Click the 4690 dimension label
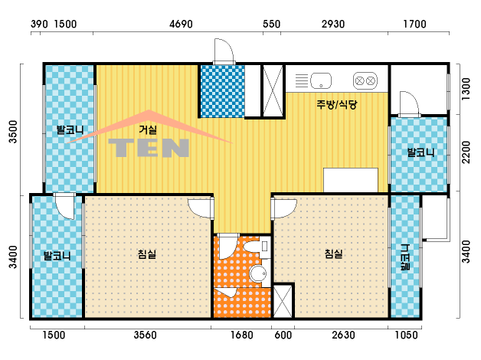[x=181, y=24]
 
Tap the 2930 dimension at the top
[x=333, y=24]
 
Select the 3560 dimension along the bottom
[x=145, y=335]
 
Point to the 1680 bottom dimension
[x=242, y=335]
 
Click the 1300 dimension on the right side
[x=466, y=89]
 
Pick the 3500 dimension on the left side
[x=13, y=132]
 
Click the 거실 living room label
[x=148, y=129]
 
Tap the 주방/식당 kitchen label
[x=337, y=104]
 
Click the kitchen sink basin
[x=321, y=80]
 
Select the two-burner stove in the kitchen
[x=365, y=80]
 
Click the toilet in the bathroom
[x=257, y=247]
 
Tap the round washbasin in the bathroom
[x=257, y=273]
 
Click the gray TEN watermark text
[x=149, y=148]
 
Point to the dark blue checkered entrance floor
[x=222, y=91]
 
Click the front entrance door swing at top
[x=224, y=51]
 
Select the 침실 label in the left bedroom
[x=147, y=254]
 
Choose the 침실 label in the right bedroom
[x=333, y=254]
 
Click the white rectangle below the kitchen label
[x=351, y=180]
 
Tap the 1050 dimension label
[x=406, y=335]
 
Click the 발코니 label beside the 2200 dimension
[x=420, y=152]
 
